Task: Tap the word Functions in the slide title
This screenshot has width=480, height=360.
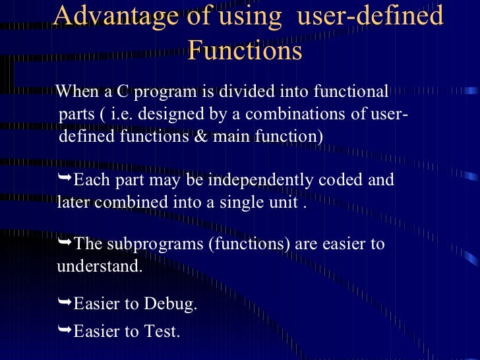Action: pos(245,50)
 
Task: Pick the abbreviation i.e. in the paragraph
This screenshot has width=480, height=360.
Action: pos(122,113)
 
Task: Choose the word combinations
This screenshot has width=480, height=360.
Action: pos(296,113)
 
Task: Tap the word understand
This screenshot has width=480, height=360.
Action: pos(99,267)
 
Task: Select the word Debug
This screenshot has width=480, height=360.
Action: pos(169,305)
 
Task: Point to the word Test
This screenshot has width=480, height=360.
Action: pos(160,331)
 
